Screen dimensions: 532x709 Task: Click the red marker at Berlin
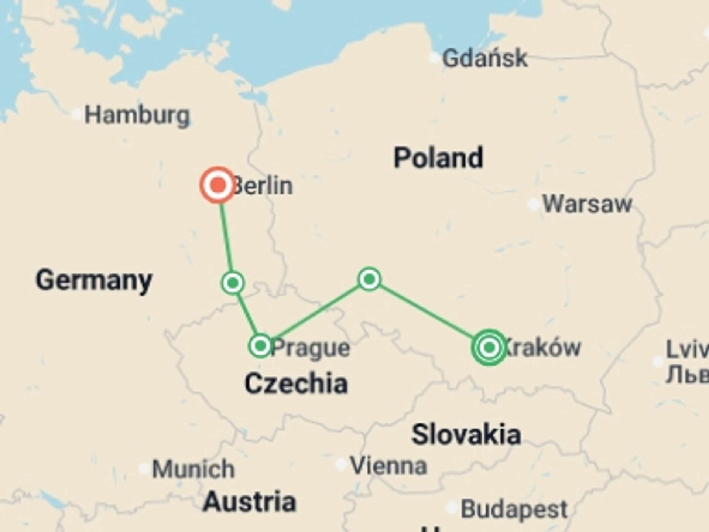pos(218,185)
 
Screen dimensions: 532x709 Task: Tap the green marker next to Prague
pos(260,346)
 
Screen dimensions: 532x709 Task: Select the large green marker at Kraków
pos(489,347)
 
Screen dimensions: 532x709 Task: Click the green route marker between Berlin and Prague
pos(233,283)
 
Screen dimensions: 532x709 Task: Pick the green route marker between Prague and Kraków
pos(369,279)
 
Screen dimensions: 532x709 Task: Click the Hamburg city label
pos(137,115)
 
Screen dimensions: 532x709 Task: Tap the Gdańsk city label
pos(485,58)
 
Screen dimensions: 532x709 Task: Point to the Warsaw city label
pos(587,204)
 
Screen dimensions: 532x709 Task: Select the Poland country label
pos(438,158)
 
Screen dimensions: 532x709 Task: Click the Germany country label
pos(94,280)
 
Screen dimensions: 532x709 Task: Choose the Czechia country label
pos(296,383)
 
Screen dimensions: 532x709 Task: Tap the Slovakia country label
pos(466,434)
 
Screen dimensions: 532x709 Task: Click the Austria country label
pos(250,502)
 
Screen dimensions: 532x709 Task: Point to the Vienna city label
pos(388,465)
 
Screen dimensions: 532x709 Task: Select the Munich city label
pos(193,469)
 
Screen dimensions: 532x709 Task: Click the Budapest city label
pos(514,509)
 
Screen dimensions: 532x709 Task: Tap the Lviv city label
pos(687,349)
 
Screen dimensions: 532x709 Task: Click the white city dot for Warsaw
pos(534,204)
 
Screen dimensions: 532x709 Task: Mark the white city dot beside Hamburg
pos(76,114)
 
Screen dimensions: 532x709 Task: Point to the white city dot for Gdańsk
pos(435,58)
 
